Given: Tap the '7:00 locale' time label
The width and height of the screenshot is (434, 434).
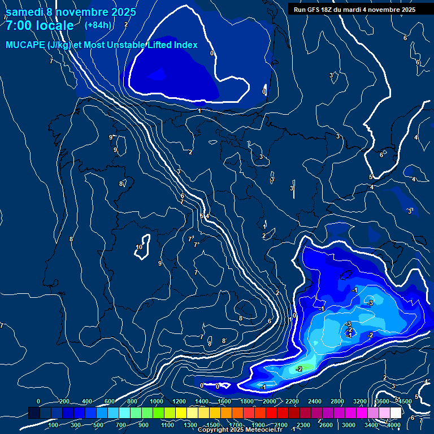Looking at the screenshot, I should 40,25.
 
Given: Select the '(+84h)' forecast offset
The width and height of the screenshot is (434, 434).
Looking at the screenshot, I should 98,25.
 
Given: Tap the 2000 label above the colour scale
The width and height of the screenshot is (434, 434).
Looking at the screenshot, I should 268,401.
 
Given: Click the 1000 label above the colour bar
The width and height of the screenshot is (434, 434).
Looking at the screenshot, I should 157,401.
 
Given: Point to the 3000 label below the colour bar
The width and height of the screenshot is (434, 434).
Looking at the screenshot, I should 349,424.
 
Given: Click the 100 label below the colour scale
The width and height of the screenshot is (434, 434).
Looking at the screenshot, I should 54,424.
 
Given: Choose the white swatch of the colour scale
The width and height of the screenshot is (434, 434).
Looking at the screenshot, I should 395,413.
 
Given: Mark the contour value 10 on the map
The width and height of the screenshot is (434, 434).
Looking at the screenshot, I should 139,247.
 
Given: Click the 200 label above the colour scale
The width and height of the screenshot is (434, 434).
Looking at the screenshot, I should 64,401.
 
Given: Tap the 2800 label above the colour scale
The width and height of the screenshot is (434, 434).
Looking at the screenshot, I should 337,401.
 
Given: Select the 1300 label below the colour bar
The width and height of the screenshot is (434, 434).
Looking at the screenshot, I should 190,424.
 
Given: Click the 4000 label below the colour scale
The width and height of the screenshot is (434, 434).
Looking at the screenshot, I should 394,424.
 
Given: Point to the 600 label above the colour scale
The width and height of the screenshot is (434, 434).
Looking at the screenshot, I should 110,401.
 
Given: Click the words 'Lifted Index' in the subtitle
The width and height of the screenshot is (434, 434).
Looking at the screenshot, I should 171,45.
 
